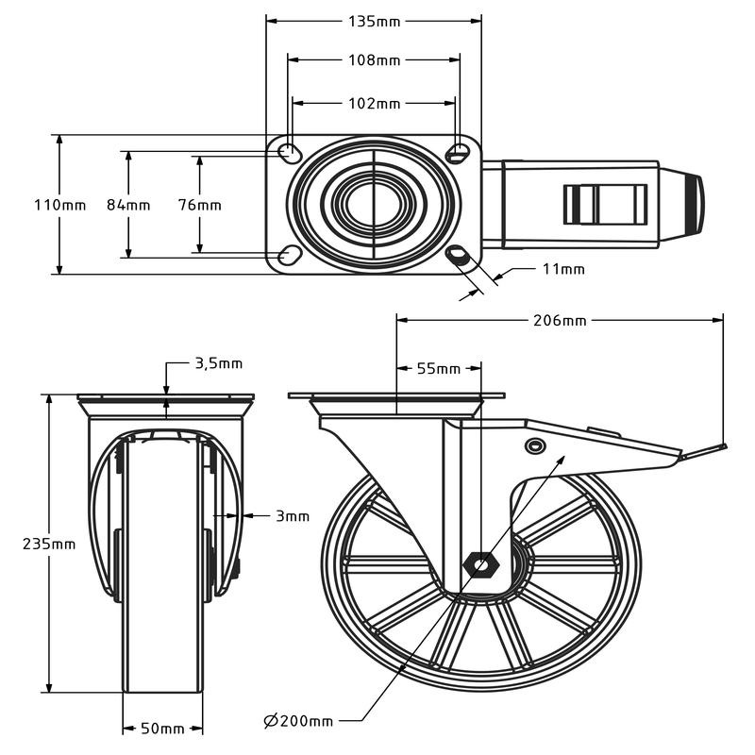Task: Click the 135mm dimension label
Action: [x=374, y=22]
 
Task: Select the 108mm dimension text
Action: [x=374, y=60]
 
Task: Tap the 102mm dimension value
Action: [x=374, y=104]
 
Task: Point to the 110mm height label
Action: [x=59, y=205]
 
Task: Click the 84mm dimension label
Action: [x=128, y=205]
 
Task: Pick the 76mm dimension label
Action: [x=200, y=205]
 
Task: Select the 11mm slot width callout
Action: [x=563, y=269]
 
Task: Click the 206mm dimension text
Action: [x=560, y=320]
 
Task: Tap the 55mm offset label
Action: [x=439, y=369]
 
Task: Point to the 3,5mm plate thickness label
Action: [x=219, y=363]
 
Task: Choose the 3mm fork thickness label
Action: [x=293, y=516]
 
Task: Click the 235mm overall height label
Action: [x=49, y=545]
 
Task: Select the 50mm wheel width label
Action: [x=162, y=729]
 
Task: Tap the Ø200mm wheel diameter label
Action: [x=298, y=721]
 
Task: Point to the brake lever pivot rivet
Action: [x=534, y=445]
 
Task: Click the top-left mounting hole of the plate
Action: [x=290, y=152]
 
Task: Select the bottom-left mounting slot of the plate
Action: [x=290, y=254]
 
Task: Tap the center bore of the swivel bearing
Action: [x=373, y=205]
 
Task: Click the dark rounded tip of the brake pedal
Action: [x=698, y=205]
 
